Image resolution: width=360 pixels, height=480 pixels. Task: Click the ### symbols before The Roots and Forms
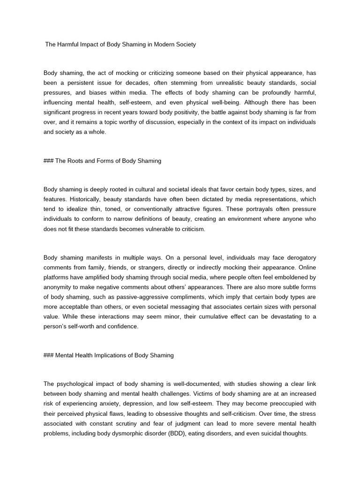pyautogui.click(x=48, y=161)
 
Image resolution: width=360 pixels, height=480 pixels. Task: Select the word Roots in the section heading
pyautogui.click(x=75, y=161)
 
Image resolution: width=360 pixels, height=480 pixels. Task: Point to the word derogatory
pyautogui.click(x=297, y=258)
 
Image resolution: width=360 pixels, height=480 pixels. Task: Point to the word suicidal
pyautogui.click(x=269, y=434)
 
